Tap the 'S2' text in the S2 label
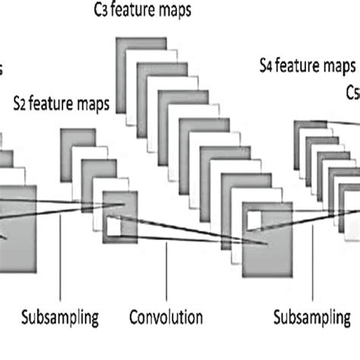[21, 103]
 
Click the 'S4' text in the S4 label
[265, 68]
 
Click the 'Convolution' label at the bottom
[165, 317]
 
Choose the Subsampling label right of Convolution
[312, 317]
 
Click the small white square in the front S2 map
[114, 226]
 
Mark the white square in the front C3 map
[252, 223]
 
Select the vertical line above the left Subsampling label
[60, 258]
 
